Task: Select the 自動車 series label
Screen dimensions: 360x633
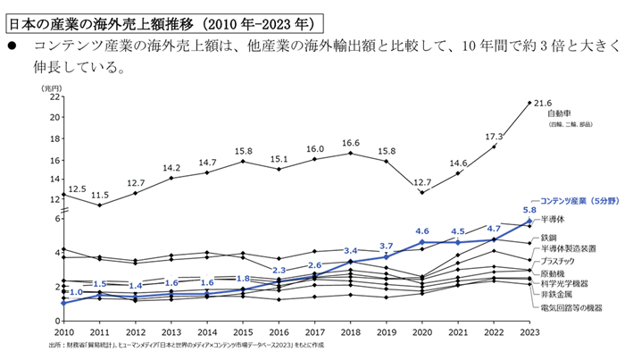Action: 560,114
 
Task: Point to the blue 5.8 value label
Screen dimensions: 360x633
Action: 529,211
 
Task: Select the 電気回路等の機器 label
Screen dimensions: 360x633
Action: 571,307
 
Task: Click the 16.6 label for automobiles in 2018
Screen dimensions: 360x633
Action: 350,143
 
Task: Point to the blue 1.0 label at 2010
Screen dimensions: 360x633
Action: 76,292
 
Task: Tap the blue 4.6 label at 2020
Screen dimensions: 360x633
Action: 423,231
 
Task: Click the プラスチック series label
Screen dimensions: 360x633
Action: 564,260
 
